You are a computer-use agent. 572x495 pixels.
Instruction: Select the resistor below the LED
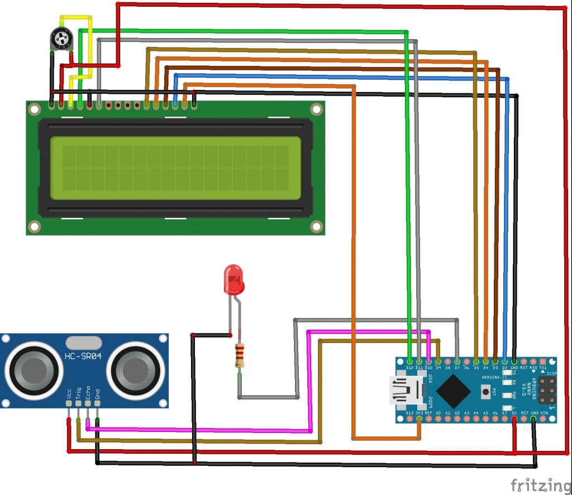click(x=240, y=355)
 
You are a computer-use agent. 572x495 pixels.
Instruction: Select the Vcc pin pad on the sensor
click(x=69, y=403)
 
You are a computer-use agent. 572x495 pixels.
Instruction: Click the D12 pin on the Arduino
click(x=409, y=361)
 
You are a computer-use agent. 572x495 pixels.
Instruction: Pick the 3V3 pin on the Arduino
click(x=419, y=418)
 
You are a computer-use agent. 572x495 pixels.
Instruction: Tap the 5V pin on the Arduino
click(x=514, y=418)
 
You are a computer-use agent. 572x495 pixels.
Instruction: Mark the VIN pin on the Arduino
click(x=544, y=418)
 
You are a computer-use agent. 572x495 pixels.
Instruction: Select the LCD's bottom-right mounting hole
click(x=316, y=226)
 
